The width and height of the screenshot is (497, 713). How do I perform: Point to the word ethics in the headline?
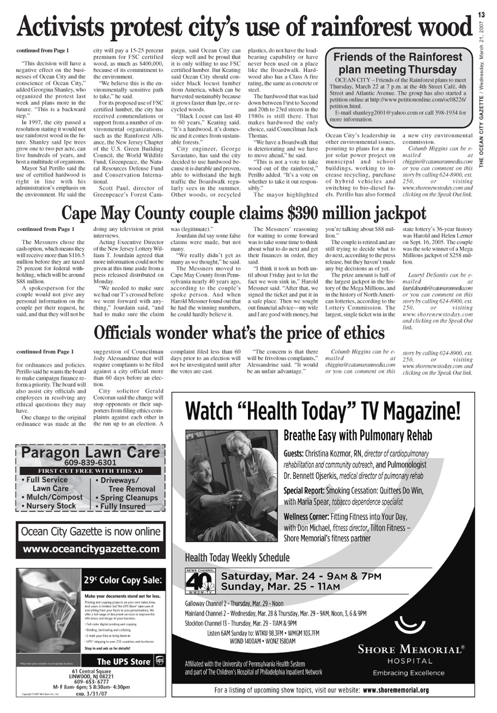(x=357, y=333)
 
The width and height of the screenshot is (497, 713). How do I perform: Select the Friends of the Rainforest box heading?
(x=398, y=63)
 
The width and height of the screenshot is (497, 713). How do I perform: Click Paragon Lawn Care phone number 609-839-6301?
(x=90, y=463)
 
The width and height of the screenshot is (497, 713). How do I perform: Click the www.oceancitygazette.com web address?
(x=91, y=549)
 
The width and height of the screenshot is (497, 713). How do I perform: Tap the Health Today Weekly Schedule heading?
(x=237, y=557)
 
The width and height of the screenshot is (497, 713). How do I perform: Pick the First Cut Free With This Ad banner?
(x=90, y=470)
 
